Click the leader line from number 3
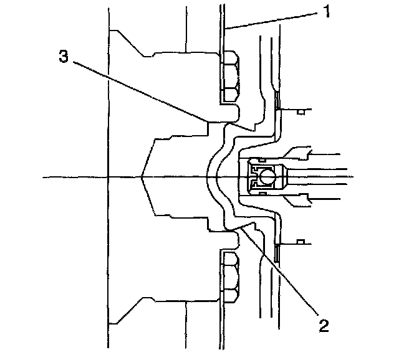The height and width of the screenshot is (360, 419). tap(137, 87)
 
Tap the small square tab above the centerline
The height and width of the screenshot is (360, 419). tap(301, 112)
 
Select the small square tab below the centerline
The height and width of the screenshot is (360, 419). tap(301, 241)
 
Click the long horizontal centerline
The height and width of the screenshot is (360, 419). tap(75, 178)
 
